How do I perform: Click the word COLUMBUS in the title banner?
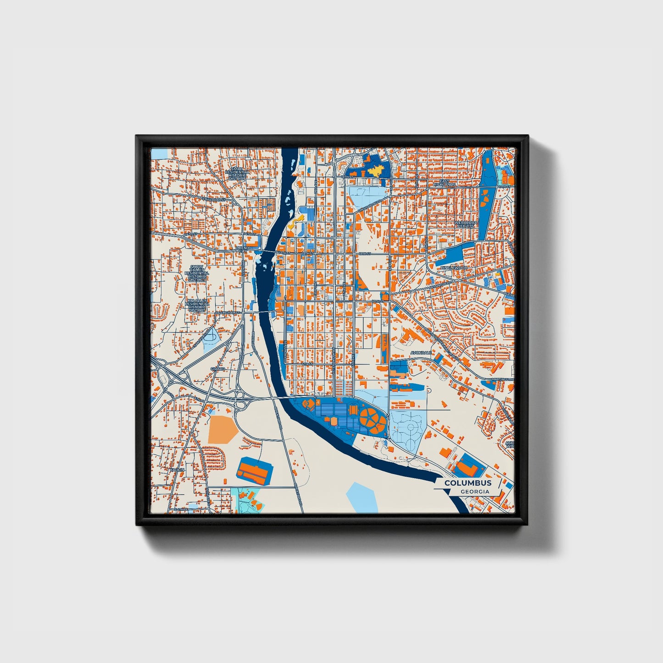pyautogui.click(x=468, y=483)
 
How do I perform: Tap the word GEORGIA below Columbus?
pyautogui.click(x=475, y=491)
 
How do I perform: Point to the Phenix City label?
pyautogui.click(x=242, y=250)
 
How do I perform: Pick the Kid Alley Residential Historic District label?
pyautogui.click(x=196, y=305)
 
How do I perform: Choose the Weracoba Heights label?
pyautogui.click(x=466, y=225)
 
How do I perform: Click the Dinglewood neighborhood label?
pyautogui.click(x=453, y=267)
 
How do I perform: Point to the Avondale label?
pyautogui.click(x=421, y=353)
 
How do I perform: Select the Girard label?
pyautogui.click(x=217, y=369)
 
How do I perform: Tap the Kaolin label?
pyautogui.click(x=176, y=470)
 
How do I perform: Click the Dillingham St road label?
pyautogui.click(x=228, y=312)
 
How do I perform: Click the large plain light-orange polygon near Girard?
pyautogui.click(x=223, y=429)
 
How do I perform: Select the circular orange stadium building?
pyautogui.click(x=372, y=418)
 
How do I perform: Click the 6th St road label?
pyautogui.click(x=307, y=364)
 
